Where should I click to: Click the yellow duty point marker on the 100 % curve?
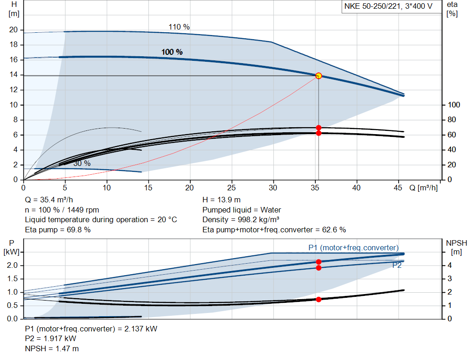click(319, 76)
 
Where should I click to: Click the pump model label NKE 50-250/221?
click(389, 6)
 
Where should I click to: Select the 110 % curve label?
click(179, 27)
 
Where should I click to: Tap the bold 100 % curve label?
click(172, 52)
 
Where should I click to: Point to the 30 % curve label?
click(82, 163)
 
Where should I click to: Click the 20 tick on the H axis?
click(13, 30)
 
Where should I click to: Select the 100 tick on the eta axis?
click(453, 105)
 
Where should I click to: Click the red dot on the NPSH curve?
click(319, 299)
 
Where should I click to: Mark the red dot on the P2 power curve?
click(319, 268)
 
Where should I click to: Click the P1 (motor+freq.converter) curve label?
click(354, 248)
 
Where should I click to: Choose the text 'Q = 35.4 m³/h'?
click(48, 200)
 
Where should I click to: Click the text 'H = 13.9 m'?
click(222, 200)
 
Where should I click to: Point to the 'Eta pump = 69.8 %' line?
click(58, 230)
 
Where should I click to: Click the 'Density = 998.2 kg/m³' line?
click(244, 219)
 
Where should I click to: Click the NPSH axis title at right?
click(457, 242)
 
